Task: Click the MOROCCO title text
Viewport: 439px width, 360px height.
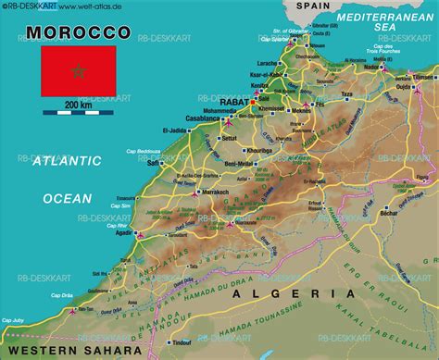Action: pos(79,33)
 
